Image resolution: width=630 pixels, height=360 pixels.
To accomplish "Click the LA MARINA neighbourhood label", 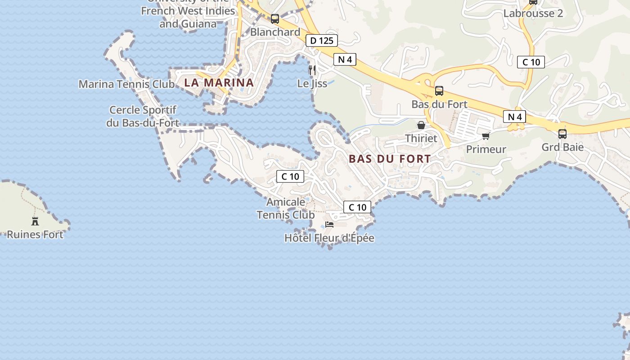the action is (219, 83).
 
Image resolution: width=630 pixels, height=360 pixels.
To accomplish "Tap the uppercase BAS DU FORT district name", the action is (390, 159).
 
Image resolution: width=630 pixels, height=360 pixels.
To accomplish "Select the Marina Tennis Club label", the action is (126, 84).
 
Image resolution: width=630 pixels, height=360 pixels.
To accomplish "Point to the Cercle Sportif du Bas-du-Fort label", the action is (143, 116).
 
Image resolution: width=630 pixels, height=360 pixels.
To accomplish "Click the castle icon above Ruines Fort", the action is (35, 221).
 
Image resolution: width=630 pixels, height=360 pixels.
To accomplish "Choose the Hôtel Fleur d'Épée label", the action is (329, 238).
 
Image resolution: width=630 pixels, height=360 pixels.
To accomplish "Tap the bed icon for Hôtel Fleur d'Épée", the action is (329, 225).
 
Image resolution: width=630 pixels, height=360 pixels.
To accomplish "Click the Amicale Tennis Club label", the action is (286, 208).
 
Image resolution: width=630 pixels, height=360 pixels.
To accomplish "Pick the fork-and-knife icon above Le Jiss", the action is (312, 70).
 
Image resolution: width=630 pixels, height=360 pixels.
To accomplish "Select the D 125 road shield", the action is (322, 40).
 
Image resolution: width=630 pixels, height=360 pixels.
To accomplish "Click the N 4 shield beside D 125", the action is (345, 59).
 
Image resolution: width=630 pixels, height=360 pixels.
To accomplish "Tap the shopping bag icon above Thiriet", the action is (421, 125).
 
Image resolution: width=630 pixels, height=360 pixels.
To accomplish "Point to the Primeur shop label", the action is (486, 149).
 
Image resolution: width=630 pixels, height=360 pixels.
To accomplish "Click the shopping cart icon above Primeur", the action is (486, 136).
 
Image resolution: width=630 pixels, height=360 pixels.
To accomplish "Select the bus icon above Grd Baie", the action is (562, 134).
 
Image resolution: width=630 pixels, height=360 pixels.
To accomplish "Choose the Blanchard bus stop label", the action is (275, 32).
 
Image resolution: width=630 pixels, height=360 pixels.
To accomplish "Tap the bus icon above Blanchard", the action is (275, 19).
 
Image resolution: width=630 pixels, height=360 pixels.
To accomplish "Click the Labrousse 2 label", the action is (533, 13).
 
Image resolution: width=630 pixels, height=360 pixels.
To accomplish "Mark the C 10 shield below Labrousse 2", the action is (531, 62).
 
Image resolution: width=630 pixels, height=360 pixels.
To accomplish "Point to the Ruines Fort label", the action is (35, 234).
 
